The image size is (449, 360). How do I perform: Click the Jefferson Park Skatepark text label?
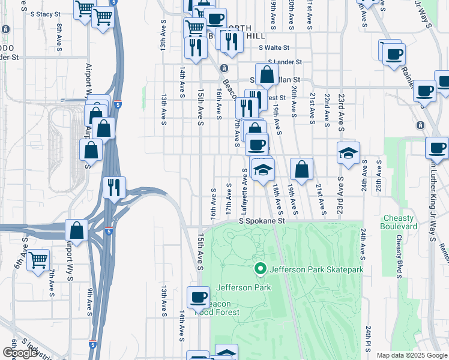coord(316,269)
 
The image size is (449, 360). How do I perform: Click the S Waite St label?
coord(274,47)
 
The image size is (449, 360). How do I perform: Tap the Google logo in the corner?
coord(20,352)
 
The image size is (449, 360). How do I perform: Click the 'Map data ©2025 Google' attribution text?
coord(411,355)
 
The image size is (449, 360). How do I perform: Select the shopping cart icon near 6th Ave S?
coord(38,260)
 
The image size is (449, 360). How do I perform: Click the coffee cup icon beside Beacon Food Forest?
coord(198,297)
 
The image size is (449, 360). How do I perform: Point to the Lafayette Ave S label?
coord(244,186)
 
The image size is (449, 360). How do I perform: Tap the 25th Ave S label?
coord(378,174)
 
